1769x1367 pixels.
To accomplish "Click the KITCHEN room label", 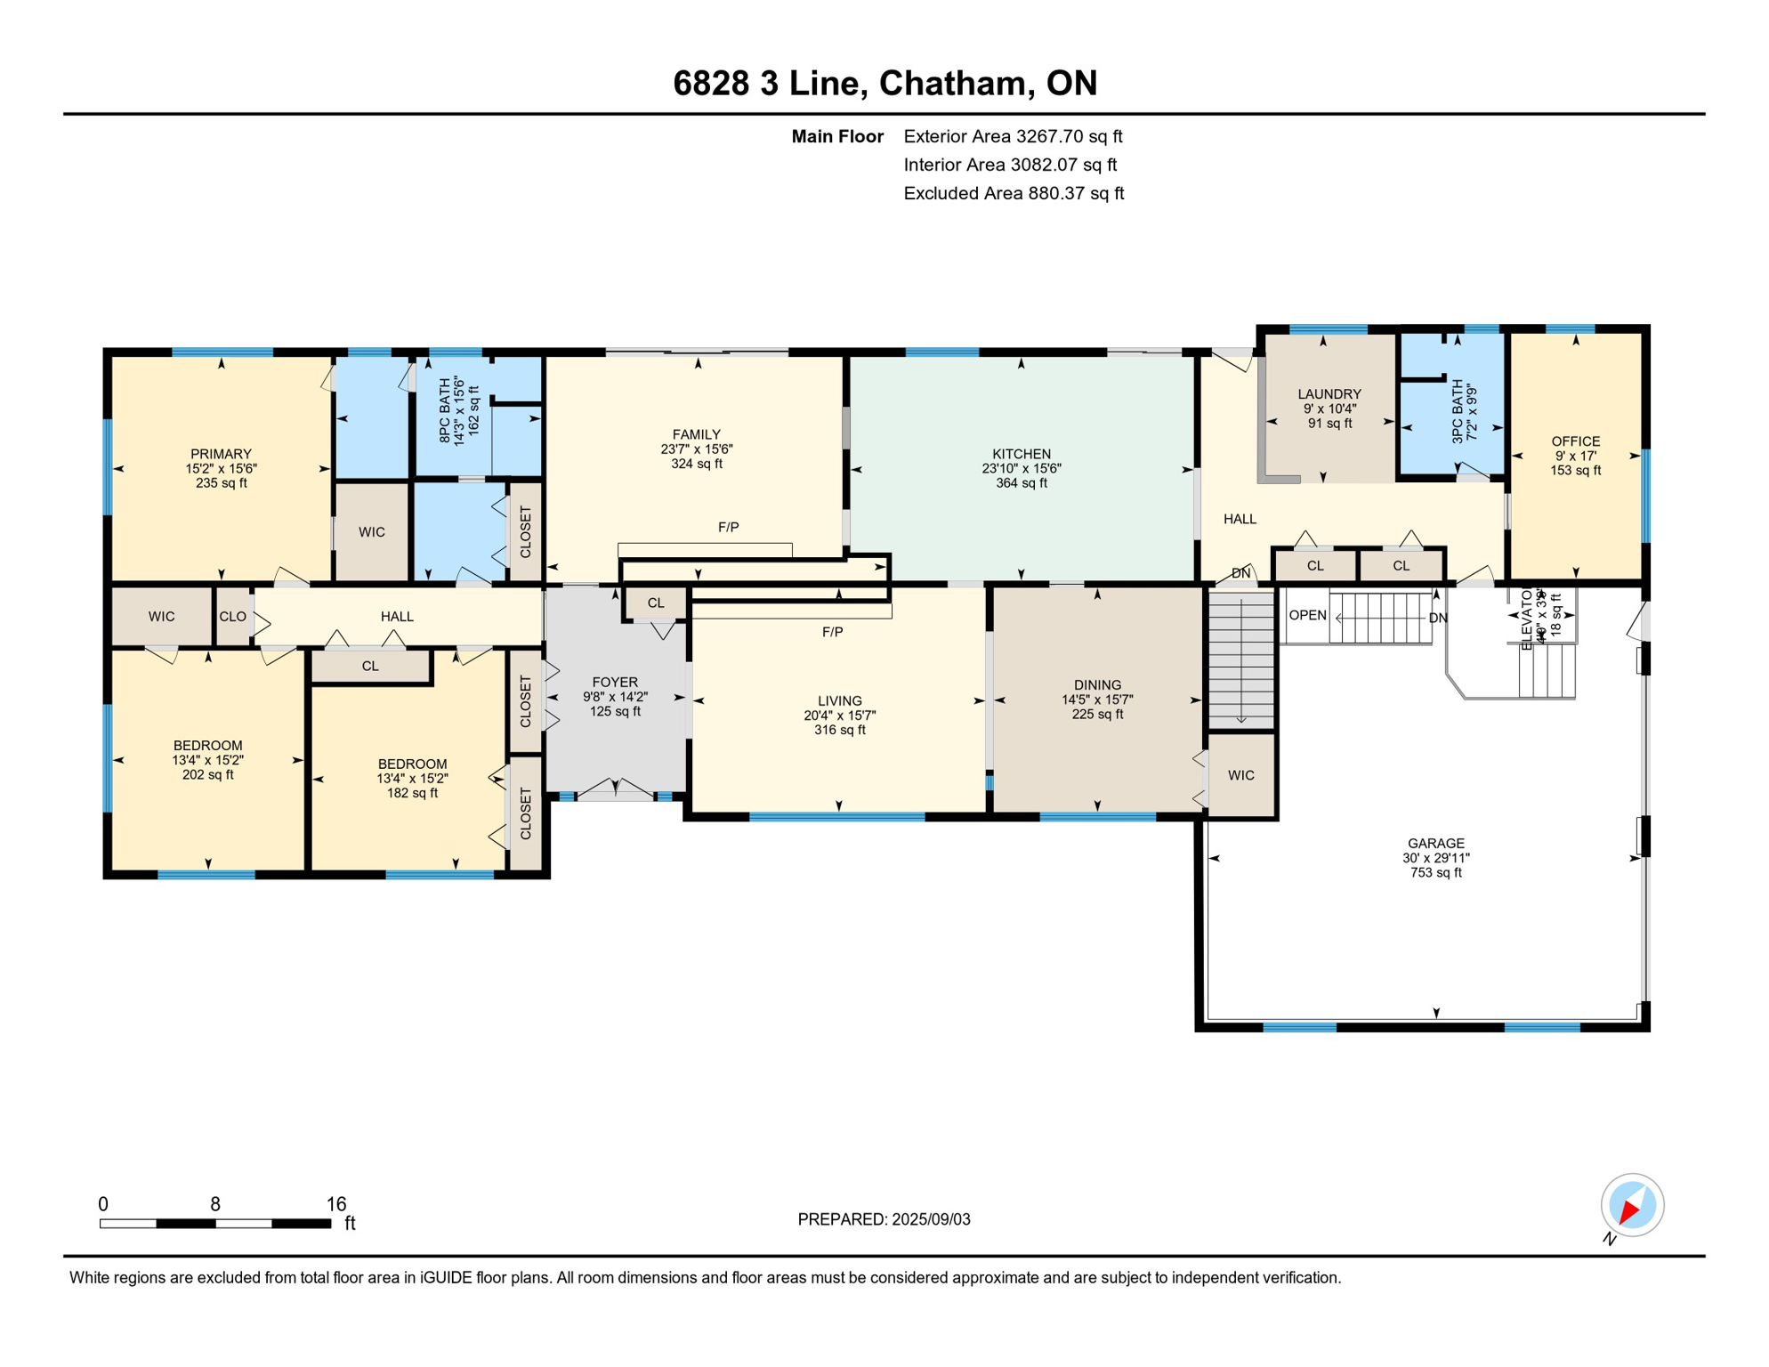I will (1021, 454).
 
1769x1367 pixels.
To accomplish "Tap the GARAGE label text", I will (1435, 843).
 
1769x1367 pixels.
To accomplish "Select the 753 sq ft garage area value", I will (1435, 873).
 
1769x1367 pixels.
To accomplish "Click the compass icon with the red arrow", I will (1632, 1206).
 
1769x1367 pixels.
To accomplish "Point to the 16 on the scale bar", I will (335, 1204).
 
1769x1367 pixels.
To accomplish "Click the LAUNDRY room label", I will (1329, 393).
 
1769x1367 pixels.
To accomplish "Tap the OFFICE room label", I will (1575, 441).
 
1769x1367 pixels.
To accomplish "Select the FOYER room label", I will (615, 683).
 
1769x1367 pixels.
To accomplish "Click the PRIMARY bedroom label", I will (221, 454).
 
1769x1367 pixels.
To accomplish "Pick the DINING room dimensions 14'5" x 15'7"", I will (1096, 700).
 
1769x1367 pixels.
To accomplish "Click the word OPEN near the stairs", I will (1307, 616).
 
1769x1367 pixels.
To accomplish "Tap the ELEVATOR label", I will (1527, 619).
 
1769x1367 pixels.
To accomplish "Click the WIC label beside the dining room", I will (1240, 775).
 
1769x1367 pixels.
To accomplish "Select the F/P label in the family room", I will (728, 527).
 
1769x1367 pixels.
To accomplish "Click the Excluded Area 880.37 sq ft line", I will (1013, 193).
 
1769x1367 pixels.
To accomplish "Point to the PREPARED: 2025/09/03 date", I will (884, 1219).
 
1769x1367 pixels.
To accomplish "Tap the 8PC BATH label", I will (445, 411).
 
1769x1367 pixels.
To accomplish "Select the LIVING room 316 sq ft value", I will (839, 730).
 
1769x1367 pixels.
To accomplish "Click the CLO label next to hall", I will (232, 616).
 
